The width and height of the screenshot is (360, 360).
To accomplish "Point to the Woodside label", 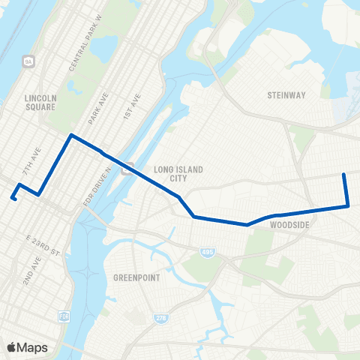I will click(289, 224).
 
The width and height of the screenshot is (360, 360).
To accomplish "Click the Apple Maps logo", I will click(27, 347).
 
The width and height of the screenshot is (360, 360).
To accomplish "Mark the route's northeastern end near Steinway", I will click(343, 175).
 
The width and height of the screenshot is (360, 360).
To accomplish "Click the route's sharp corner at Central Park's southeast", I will click(71, 136).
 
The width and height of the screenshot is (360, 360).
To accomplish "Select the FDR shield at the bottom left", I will click(63, 315).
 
